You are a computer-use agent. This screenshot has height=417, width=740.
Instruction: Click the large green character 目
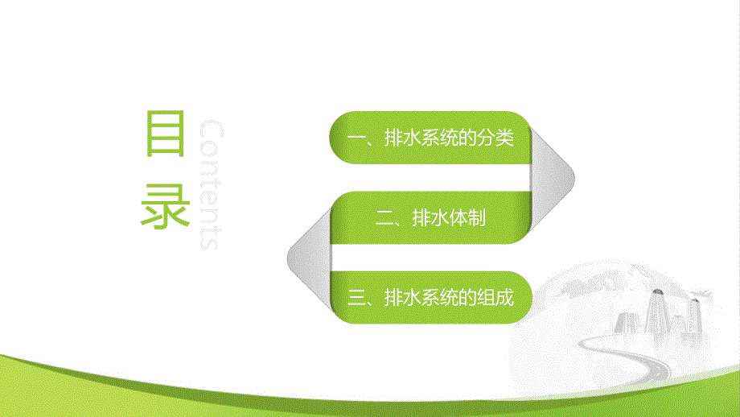166,133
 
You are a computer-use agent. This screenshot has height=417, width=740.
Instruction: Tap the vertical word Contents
208,185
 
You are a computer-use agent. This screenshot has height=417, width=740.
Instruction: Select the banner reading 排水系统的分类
430,138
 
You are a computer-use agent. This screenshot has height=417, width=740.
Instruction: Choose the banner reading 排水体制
430,217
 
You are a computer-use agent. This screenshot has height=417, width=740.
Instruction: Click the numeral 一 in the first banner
355,138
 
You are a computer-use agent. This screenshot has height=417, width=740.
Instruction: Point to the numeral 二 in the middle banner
382,217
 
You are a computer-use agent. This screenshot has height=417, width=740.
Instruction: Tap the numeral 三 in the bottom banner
356,297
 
